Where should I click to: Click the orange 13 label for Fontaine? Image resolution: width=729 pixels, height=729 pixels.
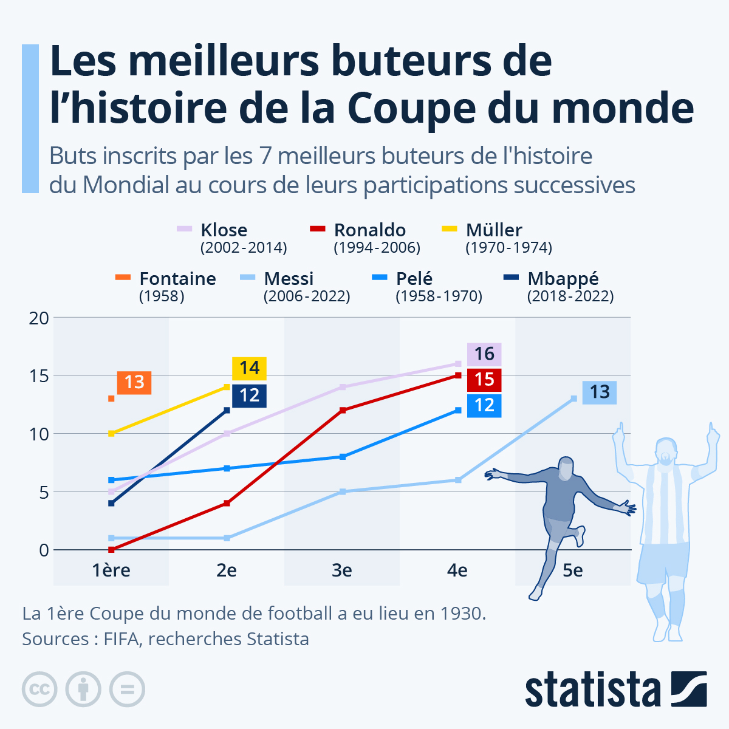(x=134, y=382)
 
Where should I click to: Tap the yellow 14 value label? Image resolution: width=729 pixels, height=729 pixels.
(x=249, y=368)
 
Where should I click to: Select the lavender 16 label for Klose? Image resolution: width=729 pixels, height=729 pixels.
(x=484, y=354)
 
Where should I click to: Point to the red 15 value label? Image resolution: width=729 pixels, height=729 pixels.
(x=484, y=380)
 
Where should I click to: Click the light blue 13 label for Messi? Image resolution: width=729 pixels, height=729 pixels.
(x=600, y=392)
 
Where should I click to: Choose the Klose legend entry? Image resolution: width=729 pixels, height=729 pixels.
(x=224, y=230)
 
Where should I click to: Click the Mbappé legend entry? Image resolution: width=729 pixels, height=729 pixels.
(x=563, y=279)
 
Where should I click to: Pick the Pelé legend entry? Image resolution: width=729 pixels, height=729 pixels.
(x=414, y=279)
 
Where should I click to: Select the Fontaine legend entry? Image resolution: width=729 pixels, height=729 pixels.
(x=177, y=279)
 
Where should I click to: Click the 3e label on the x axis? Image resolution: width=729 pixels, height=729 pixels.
(x=341, y=570)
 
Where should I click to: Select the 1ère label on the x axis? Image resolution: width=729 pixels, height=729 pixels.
(x=111, y=570)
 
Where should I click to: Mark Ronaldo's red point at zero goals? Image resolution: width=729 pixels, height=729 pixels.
(x=111, y=549)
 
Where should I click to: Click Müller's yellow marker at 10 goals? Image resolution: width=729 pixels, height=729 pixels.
(x=111, y=433)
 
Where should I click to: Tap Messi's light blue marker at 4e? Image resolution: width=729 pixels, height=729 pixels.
(x=458, y=480)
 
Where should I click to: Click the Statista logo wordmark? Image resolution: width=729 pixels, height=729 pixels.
(x=592, y=690)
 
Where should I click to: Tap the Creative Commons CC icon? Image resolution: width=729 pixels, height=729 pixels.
(x=39, y=690)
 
